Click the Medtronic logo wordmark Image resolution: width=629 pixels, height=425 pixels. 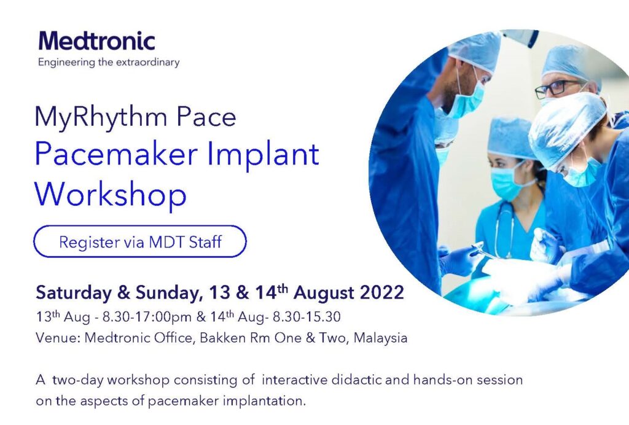(x=96, y=41)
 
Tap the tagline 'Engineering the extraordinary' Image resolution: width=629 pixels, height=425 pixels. (x=109, y=63)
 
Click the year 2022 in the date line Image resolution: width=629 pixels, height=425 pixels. (x=382, y=293)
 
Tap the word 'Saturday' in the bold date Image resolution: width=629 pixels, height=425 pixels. (x=74, y=294)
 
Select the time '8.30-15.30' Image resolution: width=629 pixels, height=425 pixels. (x=307, y=317)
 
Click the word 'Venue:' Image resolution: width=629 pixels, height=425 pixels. (x=58, y=338)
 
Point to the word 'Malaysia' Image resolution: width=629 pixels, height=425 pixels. (x=380, y=338)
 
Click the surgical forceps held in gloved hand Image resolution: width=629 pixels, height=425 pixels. (x=484, y=251)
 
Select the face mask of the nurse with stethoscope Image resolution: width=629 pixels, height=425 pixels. (x=507, y=184)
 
